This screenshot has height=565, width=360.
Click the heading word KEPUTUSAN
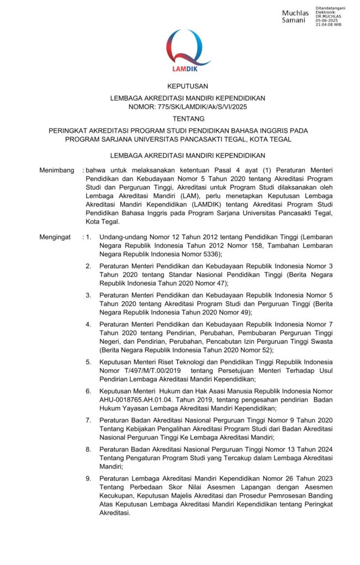coord(188,87)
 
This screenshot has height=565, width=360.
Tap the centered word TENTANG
coord(188,119)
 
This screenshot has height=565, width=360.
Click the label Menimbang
coord(56,171)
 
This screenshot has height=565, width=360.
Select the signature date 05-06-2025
coord(326,20)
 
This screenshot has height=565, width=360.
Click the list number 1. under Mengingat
coord(88,237)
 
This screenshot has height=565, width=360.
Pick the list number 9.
coord(88,477)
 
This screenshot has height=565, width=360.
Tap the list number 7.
coord(88,420)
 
